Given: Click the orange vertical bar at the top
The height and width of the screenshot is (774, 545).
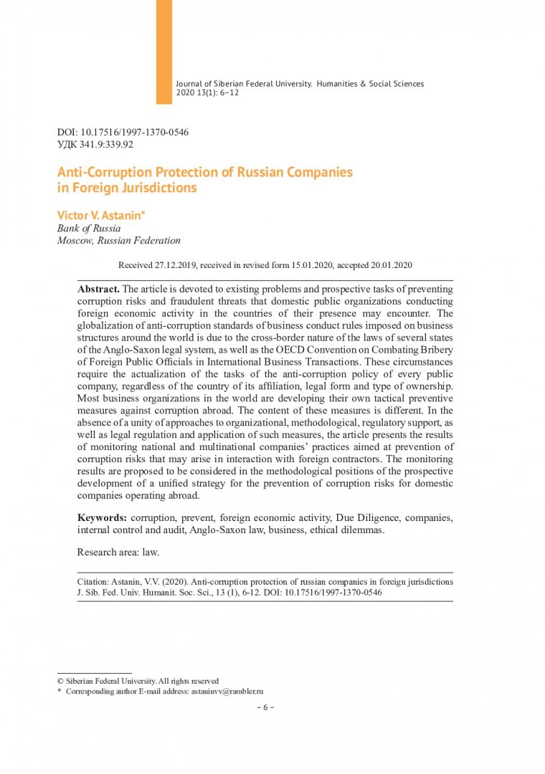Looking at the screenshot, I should pos(164,52).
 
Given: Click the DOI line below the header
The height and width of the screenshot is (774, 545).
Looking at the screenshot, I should pos(123,133).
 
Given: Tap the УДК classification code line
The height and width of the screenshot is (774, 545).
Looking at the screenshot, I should pos(95,144).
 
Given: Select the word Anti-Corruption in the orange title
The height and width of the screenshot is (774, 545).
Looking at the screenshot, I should pos(98,173).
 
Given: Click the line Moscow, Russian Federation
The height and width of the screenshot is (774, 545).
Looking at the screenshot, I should pos(118,241).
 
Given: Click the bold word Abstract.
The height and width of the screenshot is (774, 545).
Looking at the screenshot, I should pos(99,288).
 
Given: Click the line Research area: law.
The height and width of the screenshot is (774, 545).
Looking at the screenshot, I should pos(118,552).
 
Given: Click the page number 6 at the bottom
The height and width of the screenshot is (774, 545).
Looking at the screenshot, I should pos(265,707).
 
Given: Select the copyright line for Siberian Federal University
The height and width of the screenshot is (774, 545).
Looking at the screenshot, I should pos(138,681).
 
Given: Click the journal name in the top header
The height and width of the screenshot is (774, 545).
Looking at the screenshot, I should pos(300,84).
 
